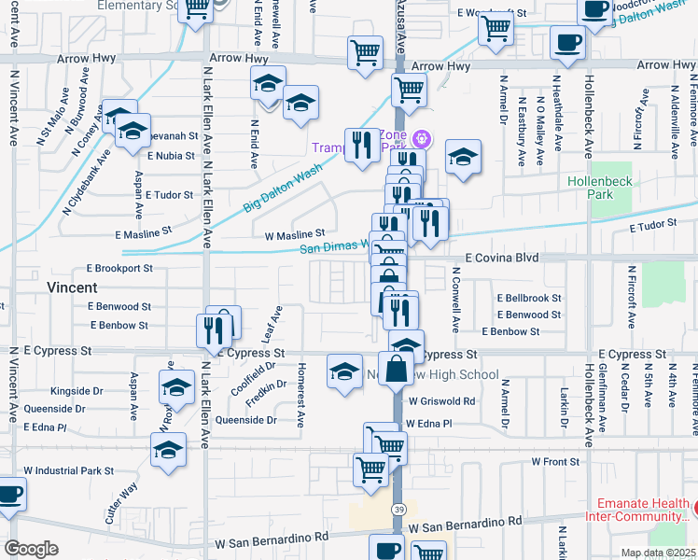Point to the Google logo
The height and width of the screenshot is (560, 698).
[x=31, y=548]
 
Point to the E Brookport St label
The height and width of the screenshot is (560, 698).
[x=119, y=268]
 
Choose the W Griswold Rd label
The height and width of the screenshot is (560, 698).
[x=440, y=401]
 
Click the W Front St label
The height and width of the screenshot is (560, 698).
[x=555, y=461]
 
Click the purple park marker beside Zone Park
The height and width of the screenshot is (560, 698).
[x=421, y=139]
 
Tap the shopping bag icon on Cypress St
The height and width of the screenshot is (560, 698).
[x=396, y=368]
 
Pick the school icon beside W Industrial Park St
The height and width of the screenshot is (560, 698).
[x=168, y=450]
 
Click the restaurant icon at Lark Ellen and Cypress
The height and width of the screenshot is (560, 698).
[x=208, y=330]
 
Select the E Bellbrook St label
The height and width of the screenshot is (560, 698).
[x=529, y=298]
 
